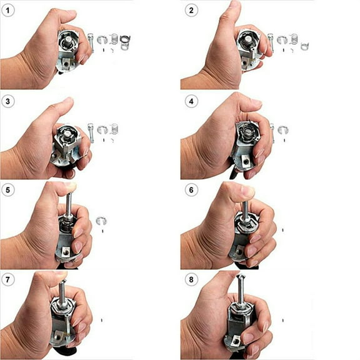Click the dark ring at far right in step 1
[125, 42]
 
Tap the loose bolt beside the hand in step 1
[92, 43]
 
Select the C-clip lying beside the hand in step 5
[102, 220]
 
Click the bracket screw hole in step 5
[67, 252]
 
